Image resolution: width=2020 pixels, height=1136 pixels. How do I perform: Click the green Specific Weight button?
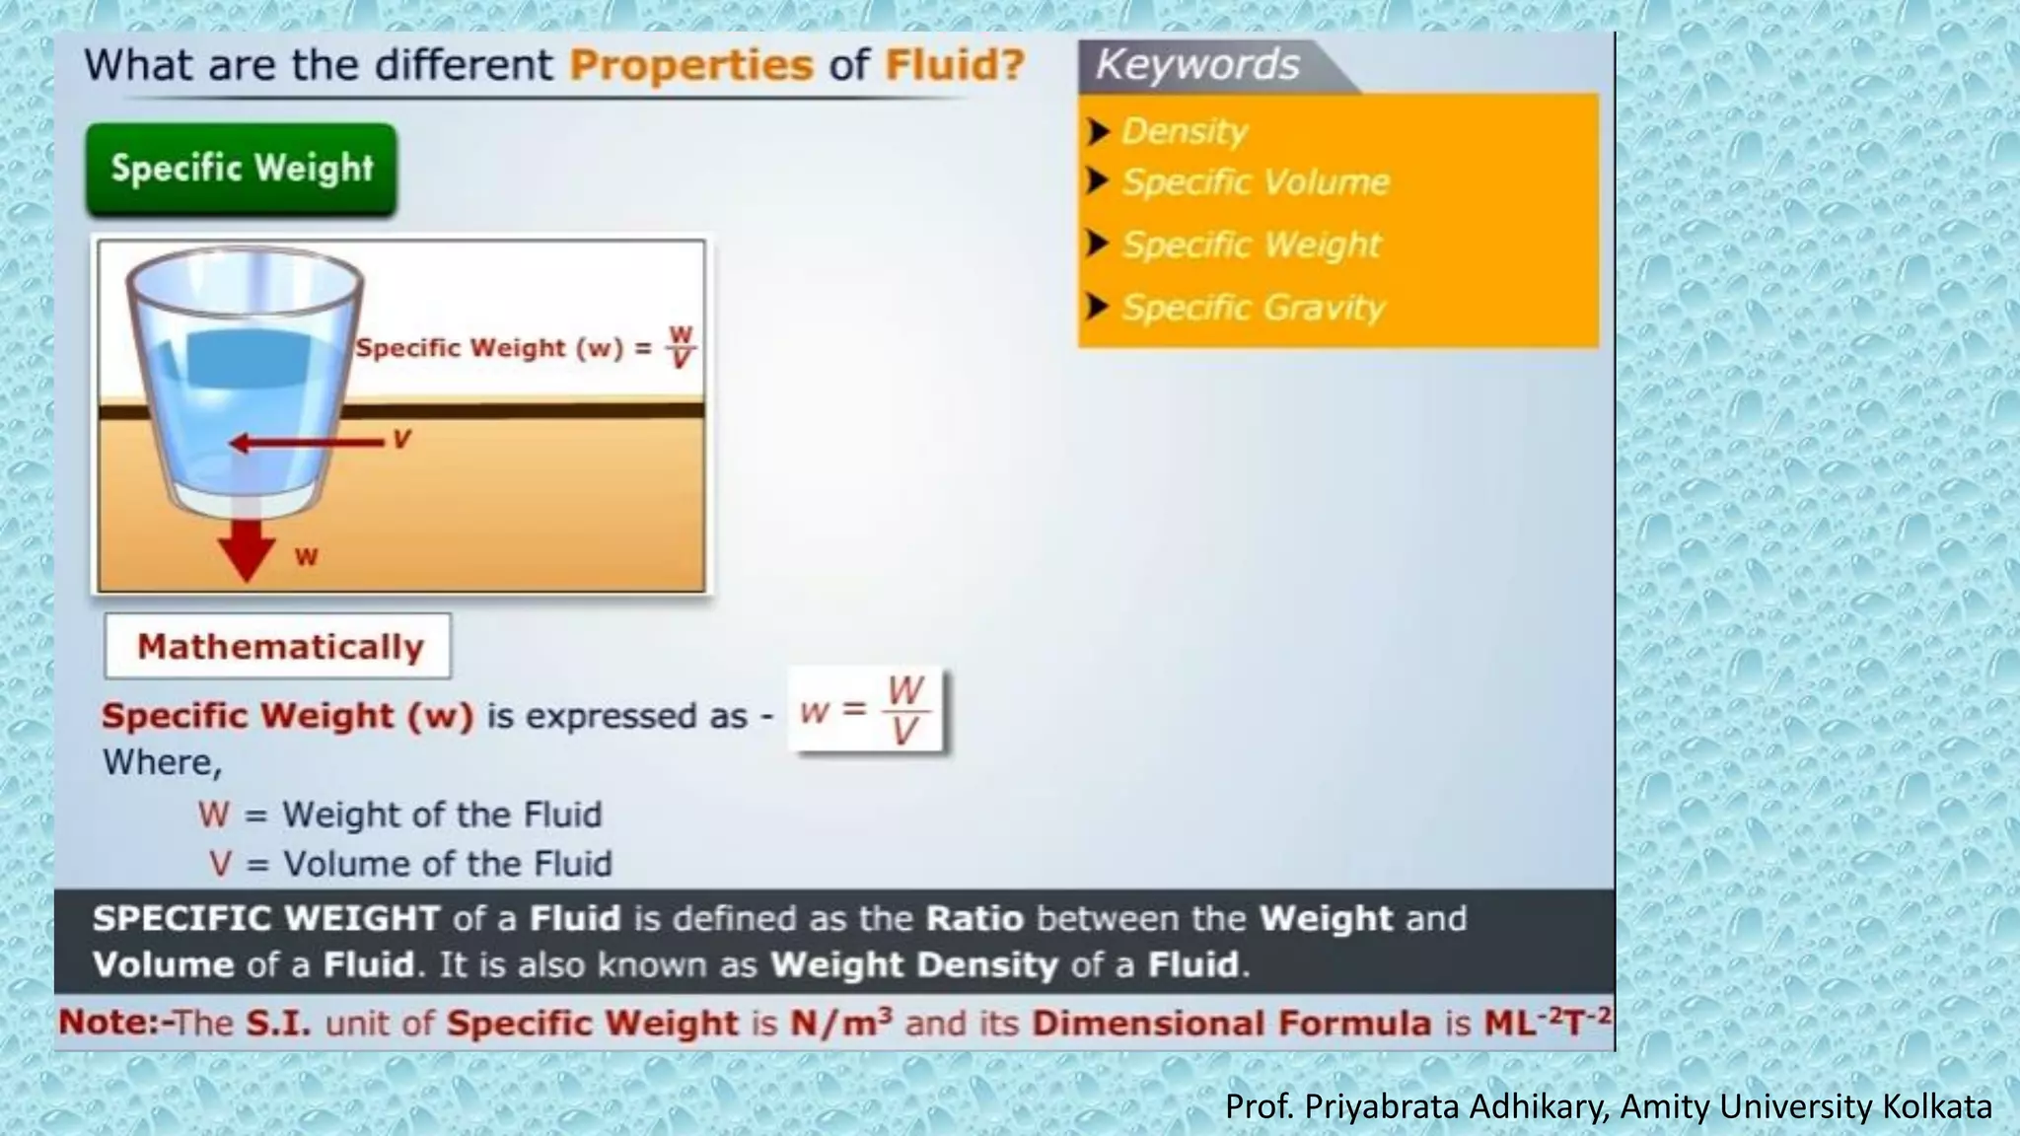coord(242,169)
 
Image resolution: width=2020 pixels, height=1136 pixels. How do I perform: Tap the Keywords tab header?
coord(1197,65)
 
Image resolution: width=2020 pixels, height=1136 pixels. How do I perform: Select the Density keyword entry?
coord(1184,131)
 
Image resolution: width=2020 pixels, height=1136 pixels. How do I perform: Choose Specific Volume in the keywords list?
coord(1255,182)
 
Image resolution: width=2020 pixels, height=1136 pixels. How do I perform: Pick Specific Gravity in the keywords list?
coord(1253,308)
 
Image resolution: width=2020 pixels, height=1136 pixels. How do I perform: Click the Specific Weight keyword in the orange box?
coord(1251,245)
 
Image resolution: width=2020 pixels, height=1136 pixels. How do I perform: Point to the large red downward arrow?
coord(246,547)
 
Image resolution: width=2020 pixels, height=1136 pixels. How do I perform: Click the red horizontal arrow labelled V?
coord(306,443)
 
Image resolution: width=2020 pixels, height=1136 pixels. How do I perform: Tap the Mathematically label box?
coord(278,647)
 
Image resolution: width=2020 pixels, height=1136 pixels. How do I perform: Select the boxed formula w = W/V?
coord(866,711)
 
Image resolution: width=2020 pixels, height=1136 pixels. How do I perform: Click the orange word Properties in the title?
coord(691,66)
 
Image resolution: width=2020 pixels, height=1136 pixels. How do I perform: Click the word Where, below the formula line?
coord(162,762)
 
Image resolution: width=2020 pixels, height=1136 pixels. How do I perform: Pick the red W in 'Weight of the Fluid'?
coord(213,815)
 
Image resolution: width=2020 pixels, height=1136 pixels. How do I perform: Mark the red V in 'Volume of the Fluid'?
coord(220,864)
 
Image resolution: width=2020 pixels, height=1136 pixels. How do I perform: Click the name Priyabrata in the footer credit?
coord(1384,1106)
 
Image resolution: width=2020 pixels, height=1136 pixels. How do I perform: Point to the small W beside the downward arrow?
coord(306,557)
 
